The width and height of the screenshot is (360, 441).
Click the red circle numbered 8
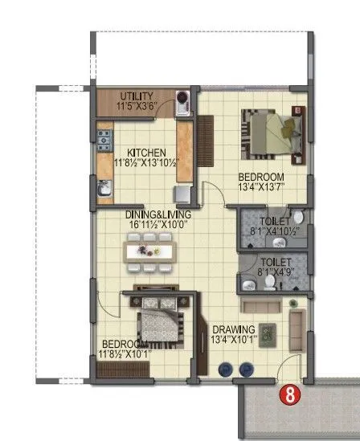click(x=285, y=394)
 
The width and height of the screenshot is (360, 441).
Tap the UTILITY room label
click(x=136, y=96)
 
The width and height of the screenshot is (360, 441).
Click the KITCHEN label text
click(x=145, y=153)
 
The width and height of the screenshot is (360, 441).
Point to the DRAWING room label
click(x=233, y=329)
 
